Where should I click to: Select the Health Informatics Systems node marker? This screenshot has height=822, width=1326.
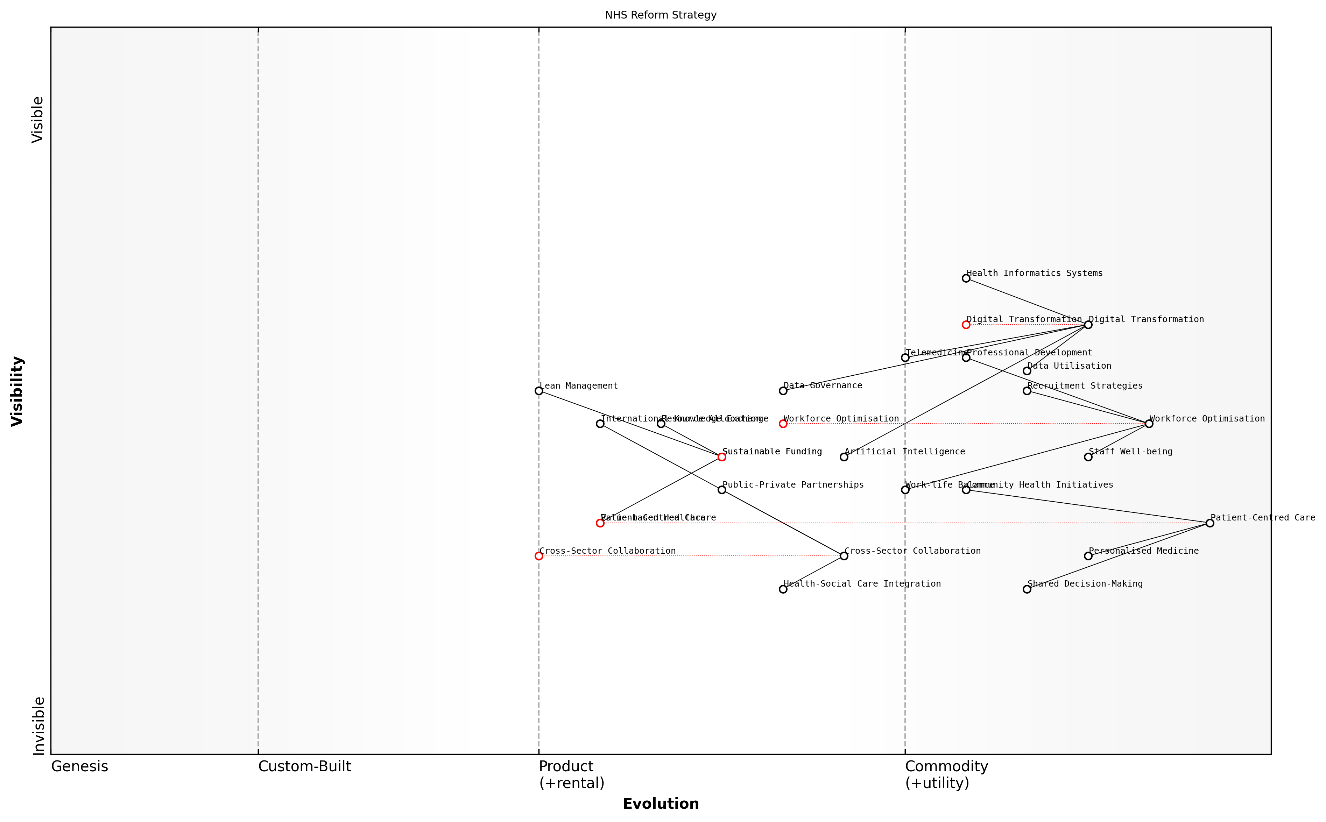coord(966,278)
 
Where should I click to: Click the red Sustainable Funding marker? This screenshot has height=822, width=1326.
coord(721,457)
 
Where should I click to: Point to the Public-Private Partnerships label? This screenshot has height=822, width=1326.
coord(793,485)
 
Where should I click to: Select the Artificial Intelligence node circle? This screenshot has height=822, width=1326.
coord(844,457)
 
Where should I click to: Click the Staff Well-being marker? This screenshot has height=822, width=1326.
coord(1088,457)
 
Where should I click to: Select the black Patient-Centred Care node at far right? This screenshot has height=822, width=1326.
coord(1209,523)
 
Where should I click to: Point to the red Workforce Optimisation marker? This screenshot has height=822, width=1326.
coord(783,424)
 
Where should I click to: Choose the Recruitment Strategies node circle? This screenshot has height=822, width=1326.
coord(1027,391)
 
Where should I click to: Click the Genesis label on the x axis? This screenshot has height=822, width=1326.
coord(79,766)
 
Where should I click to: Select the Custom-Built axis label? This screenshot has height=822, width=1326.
coord(304,766)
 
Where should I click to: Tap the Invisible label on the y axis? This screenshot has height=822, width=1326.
coord(38,726)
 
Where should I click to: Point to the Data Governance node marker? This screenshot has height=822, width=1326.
coord(783,391)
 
